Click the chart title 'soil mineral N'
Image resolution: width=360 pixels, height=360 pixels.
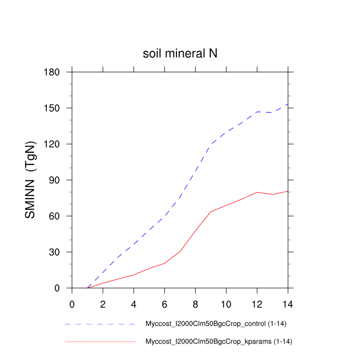[180, 53]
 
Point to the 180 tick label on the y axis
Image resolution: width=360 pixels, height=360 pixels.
[53, 72]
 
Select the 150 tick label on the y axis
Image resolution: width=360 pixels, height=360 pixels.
[53, 108]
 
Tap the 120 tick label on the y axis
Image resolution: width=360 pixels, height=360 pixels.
[53, 144]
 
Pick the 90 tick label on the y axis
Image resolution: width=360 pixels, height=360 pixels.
[56, 180]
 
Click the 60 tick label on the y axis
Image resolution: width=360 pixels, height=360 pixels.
[56, 216]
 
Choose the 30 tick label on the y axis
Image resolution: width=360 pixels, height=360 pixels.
[56, 252]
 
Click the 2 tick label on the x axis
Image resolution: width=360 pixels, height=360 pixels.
[103, 303]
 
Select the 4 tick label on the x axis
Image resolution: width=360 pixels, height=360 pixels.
[134, 303]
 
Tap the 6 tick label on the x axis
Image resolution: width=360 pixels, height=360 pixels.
[165, 303]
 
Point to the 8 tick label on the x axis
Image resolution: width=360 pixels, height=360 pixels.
[195, 303]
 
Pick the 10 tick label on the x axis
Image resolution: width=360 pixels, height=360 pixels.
[226, 303]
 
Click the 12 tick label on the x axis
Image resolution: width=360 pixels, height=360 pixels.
[257, 303]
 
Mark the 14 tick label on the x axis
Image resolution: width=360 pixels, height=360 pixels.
[288, 303]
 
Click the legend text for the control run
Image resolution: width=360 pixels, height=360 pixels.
[219, 325]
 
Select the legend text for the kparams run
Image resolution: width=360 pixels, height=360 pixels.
[220, 341]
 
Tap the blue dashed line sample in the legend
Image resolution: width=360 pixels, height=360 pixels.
[100, 325]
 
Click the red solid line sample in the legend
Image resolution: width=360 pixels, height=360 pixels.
[100, 341]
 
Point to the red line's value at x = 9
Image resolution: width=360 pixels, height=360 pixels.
[211, 211]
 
